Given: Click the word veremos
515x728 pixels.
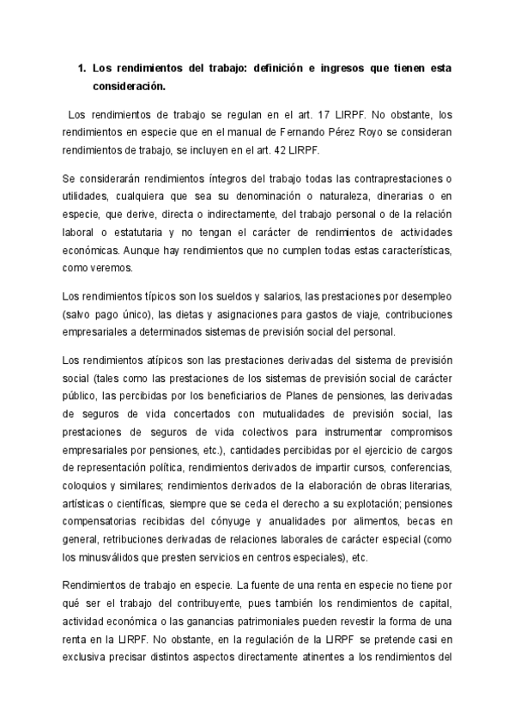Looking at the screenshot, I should coord(111,268).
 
